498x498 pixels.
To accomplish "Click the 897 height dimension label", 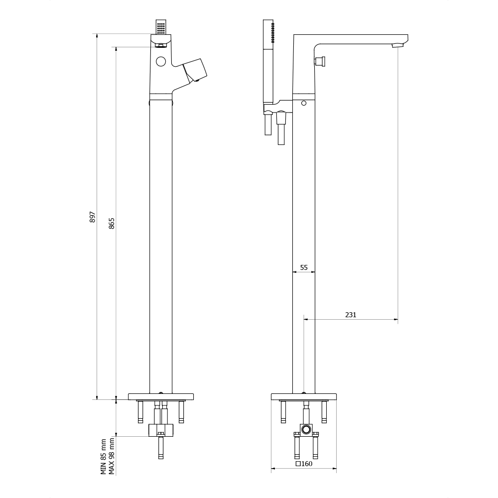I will [93, 217].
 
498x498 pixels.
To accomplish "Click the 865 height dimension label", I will [112, 223].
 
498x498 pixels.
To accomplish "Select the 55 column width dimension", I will [304, 267].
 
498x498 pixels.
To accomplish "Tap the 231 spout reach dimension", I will [351, 315].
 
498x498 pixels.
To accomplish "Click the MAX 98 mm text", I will [112, 456].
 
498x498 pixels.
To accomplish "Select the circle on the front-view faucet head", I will [161, 62].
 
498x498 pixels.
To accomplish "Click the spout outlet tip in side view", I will [397, 46].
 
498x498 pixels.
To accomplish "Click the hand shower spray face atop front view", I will [161, 27].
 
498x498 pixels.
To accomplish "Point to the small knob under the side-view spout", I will [320, 61].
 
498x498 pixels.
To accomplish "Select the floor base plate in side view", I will [304, 397].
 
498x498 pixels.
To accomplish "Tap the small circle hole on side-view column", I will [304, 104].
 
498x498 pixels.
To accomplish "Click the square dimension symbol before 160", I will [298, 464].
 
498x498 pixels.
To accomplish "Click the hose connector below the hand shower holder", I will [281, 119].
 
